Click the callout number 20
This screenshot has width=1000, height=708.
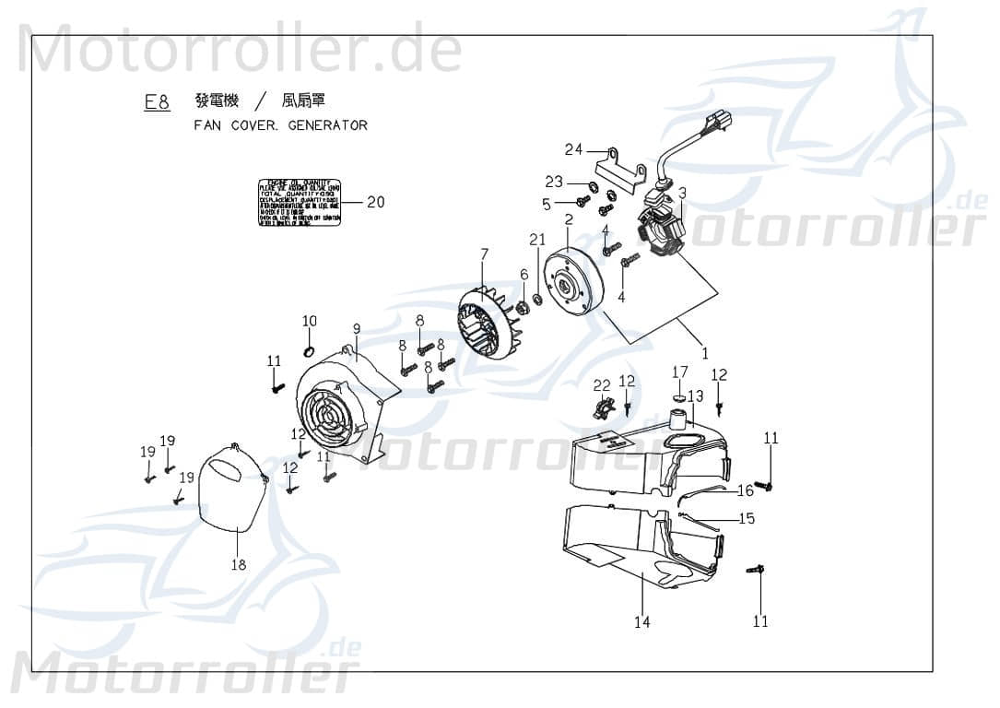375,202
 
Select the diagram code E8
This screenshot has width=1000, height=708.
157,103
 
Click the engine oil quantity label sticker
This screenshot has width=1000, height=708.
299,202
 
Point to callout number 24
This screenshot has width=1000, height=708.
574,150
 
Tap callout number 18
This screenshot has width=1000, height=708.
239,565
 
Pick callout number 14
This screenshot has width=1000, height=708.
641,622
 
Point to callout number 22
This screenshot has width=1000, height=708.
602,384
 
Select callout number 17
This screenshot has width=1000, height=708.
679,372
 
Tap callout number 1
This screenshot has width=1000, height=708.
705,352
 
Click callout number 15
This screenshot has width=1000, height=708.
747,519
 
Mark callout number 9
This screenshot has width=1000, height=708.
356,328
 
